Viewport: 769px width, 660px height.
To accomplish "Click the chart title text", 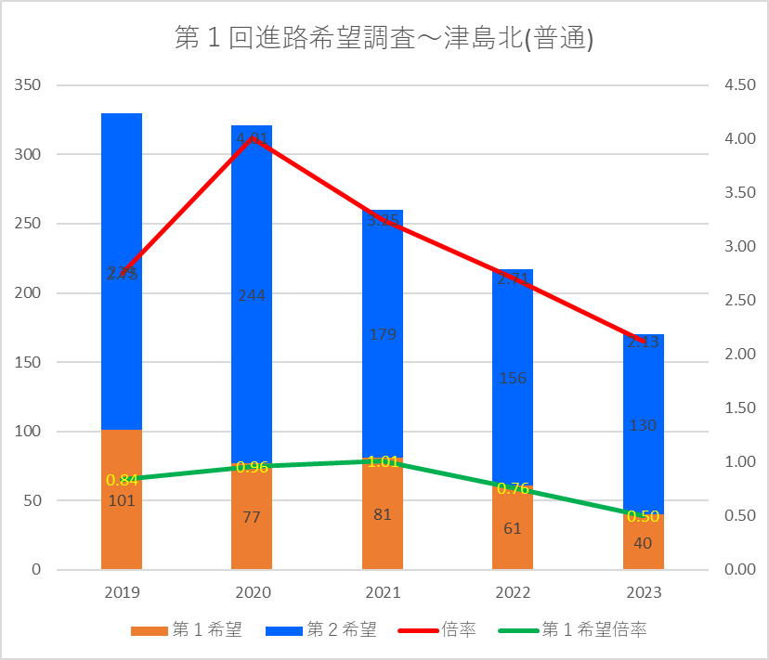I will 384,39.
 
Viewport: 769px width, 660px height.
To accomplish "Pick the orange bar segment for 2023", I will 643,548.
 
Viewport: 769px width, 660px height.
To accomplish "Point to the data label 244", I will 252,296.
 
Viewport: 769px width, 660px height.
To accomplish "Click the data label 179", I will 382,334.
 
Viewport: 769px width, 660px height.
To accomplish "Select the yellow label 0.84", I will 122,480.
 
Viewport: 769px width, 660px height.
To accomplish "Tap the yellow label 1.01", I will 382,461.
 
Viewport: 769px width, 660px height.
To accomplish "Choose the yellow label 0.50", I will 643,516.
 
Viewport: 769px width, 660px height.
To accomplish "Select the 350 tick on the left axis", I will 28,85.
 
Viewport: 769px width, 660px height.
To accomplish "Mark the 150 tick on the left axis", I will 28,362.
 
